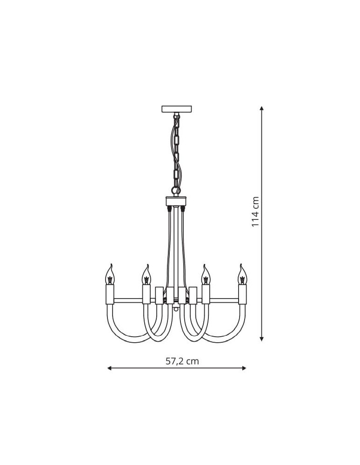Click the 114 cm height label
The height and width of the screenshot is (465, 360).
pyautogui.click(x=255, y=212)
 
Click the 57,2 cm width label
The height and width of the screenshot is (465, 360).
pyautogui.click(x=182, y=361)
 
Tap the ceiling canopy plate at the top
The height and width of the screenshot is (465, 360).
pyautogui.click(x=176, y=109)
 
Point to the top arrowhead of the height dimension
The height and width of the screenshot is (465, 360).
pyautogui.click(x=262, y=108)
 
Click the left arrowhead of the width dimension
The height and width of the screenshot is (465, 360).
pyautogui.click(x=109, y=368)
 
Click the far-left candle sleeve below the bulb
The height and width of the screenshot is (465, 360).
pyautogui.click(x=110, y=294)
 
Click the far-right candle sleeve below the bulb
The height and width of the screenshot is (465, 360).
pyautogui.click(x=242, y=294)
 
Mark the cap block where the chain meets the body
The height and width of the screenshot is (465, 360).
pyautogui.click(x=176, y=201)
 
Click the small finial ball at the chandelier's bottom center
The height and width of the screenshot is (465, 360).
pyautogui.click(x=176, y=308)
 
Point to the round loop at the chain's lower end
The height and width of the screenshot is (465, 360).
pyautogui.click(x=175, y=190)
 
